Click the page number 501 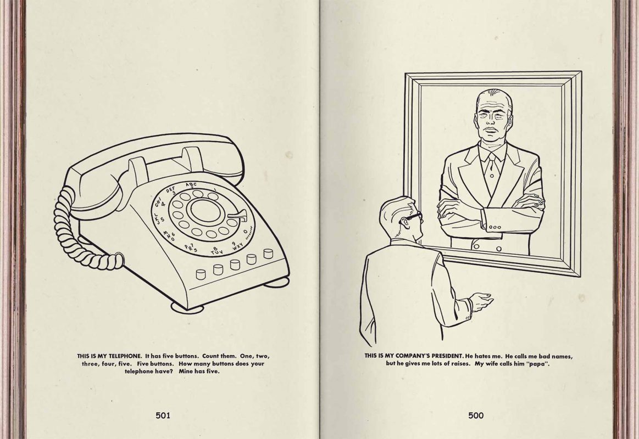coord(163,415)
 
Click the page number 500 coord(476,415)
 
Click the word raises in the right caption coord(462,364)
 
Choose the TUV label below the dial coord(216,251)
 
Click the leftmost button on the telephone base coord(201,274)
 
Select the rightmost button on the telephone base coord(268,253)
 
